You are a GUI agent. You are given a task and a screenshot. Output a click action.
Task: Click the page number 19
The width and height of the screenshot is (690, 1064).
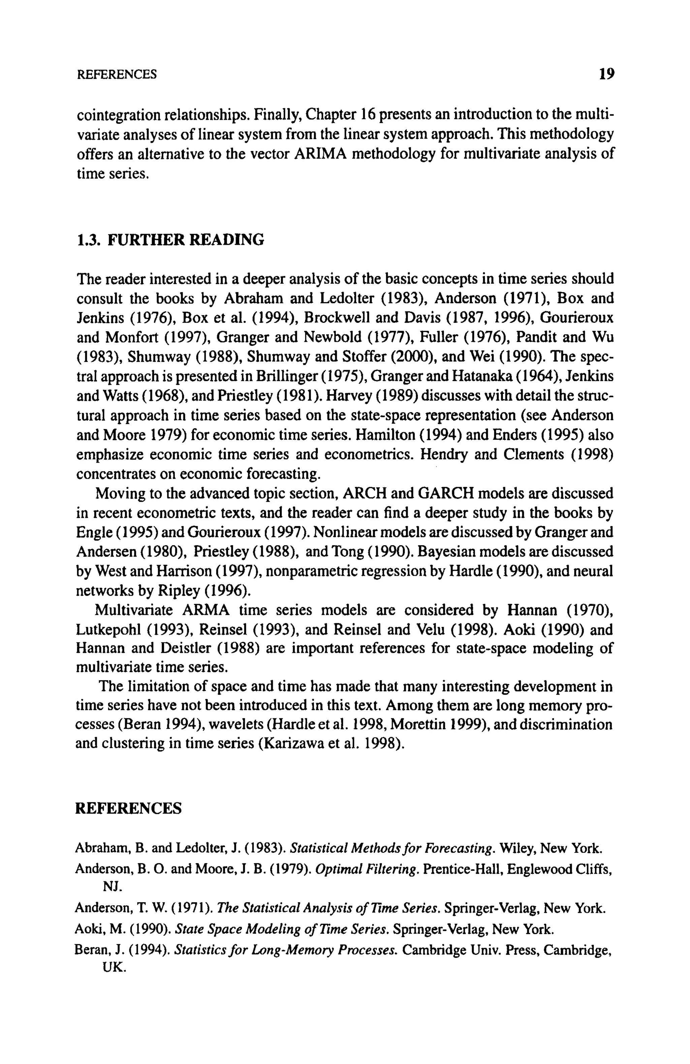[606, 74]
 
